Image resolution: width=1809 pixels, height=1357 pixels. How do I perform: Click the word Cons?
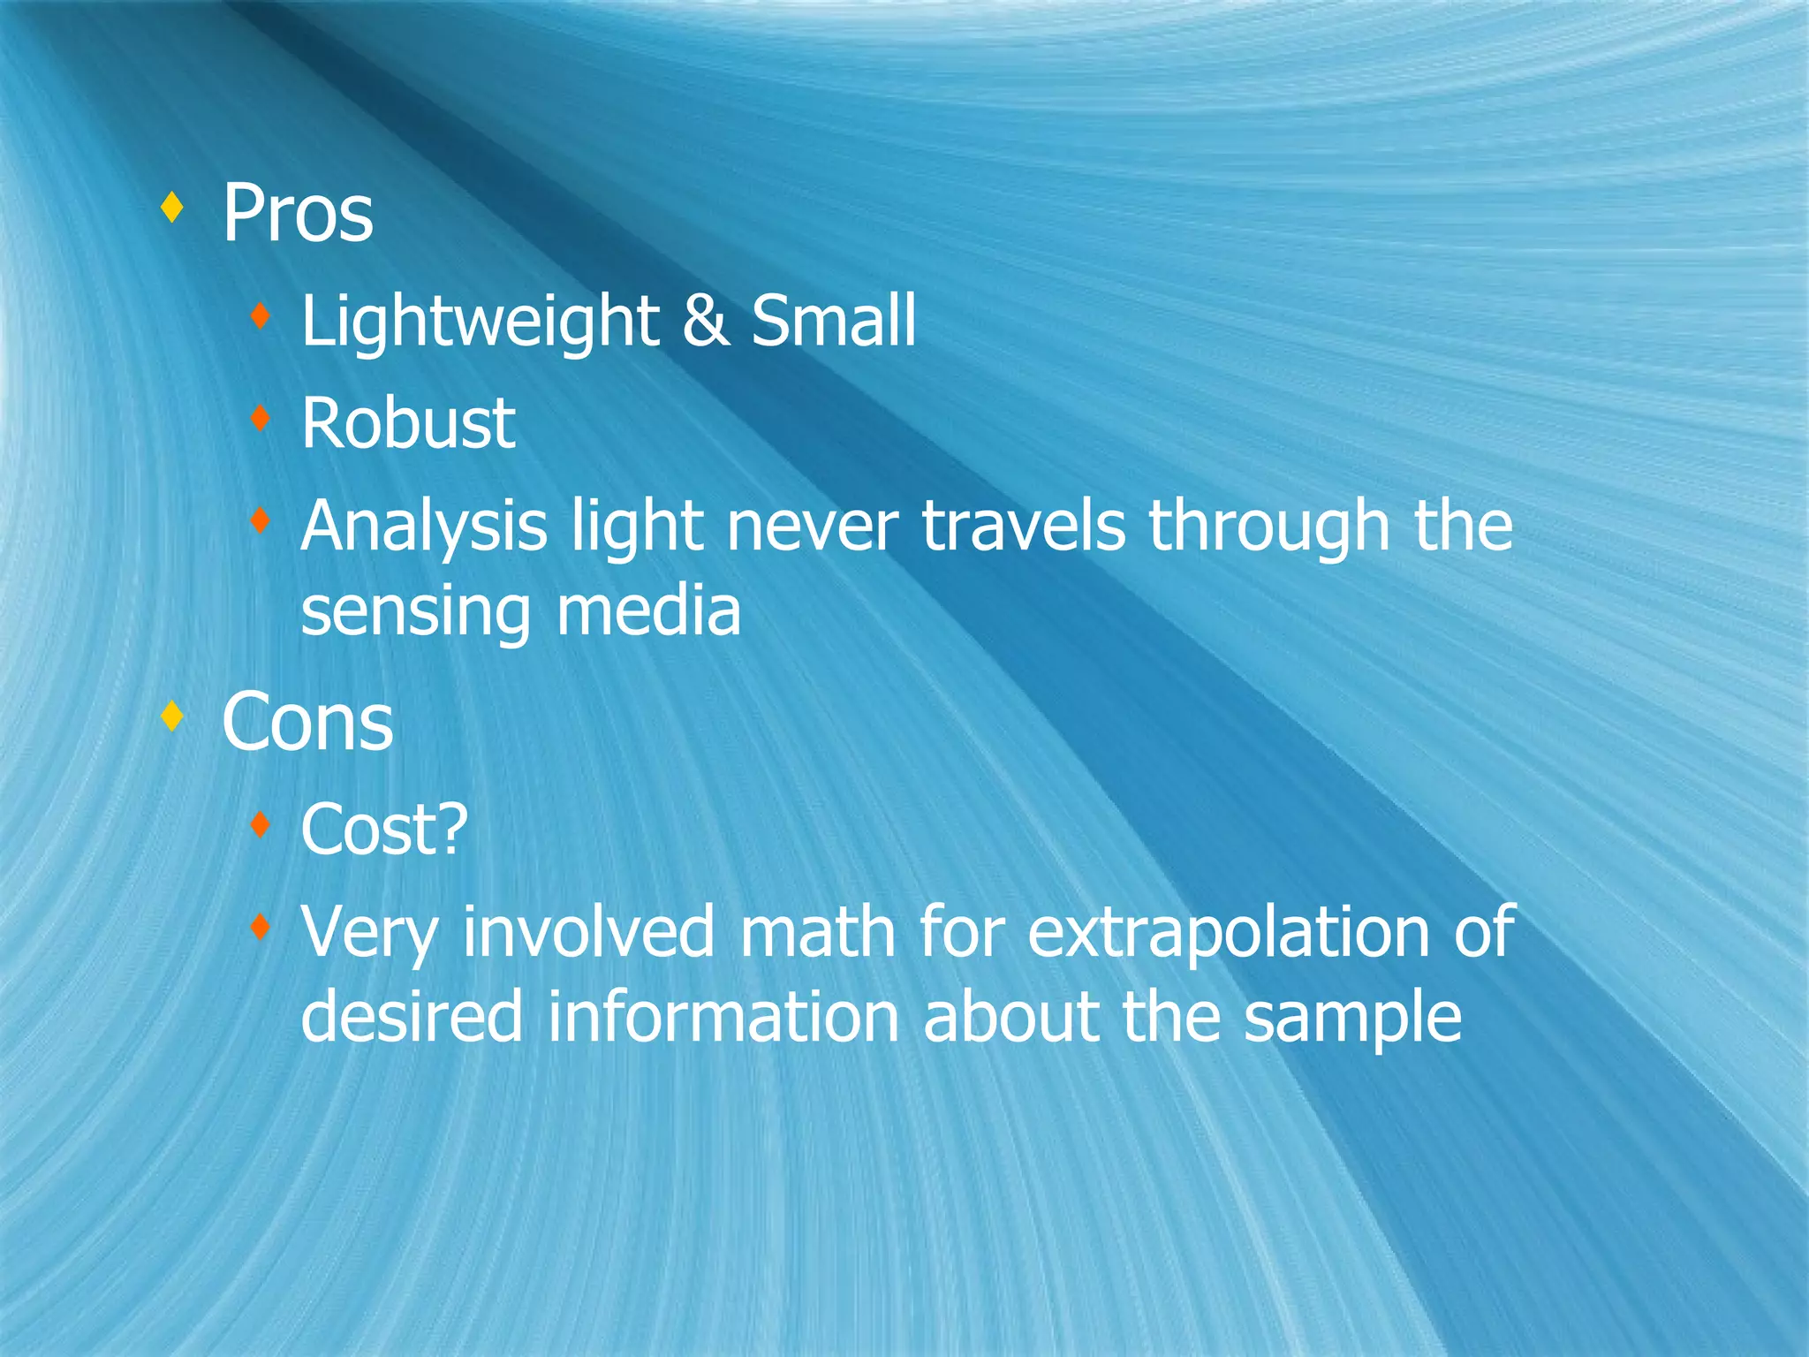point(307,723)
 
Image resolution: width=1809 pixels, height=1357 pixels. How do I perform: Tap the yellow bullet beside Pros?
point(173,208)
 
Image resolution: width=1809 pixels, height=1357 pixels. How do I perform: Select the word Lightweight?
point(480,322)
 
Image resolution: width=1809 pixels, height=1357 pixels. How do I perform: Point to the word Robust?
point(408,423)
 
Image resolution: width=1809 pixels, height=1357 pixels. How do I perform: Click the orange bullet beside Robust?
point(260,418)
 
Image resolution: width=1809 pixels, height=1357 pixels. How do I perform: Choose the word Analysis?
point(424,527)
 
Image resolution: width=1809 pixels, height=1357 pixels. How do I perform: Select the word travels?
point(1024,527)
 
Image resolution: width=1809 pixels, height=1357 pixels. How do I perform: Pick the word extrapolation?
point(1229,933)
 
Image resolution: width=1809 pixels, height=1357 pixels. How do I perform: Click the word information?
point(723,1016)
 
